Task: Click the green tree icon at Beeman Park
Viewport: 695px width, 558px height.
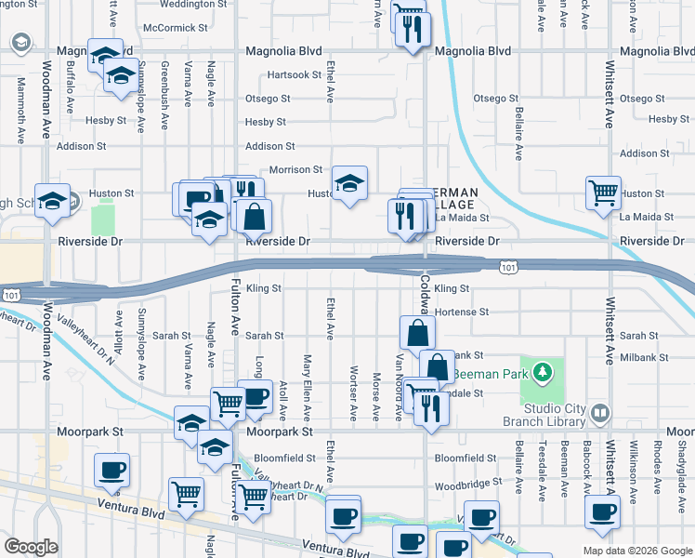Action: click(543, 374)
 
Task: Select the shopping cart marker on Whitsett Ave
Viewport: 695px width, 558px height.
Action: click(603, 193)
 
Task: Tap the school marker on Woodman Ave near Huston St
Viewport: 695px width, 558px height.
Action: click(53, 200)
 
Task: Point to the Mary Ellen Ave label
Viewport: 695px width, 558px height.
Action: click(307, 387)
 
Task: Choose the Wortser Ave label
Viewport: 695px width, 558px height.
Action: click(354, 399)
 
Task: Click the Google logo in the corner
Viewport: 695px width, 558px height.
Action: click(31, 547)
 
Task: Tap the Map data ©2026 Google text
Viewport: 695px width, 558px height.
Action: click(636, 551)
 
